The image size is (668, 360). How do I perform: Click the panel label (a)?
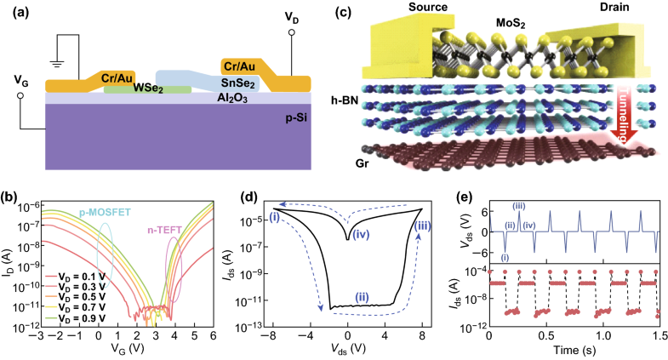(x=14, y=11)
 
